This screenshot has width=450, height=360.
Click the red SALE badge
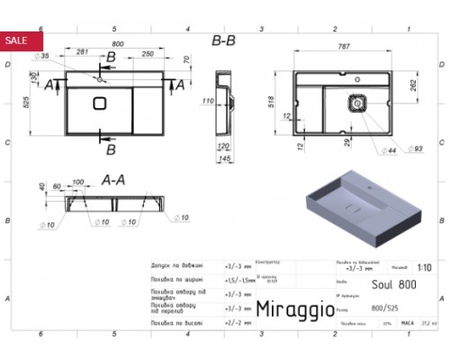point(16,40)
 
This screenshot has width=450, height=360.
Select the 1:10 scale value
point(424,267)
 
